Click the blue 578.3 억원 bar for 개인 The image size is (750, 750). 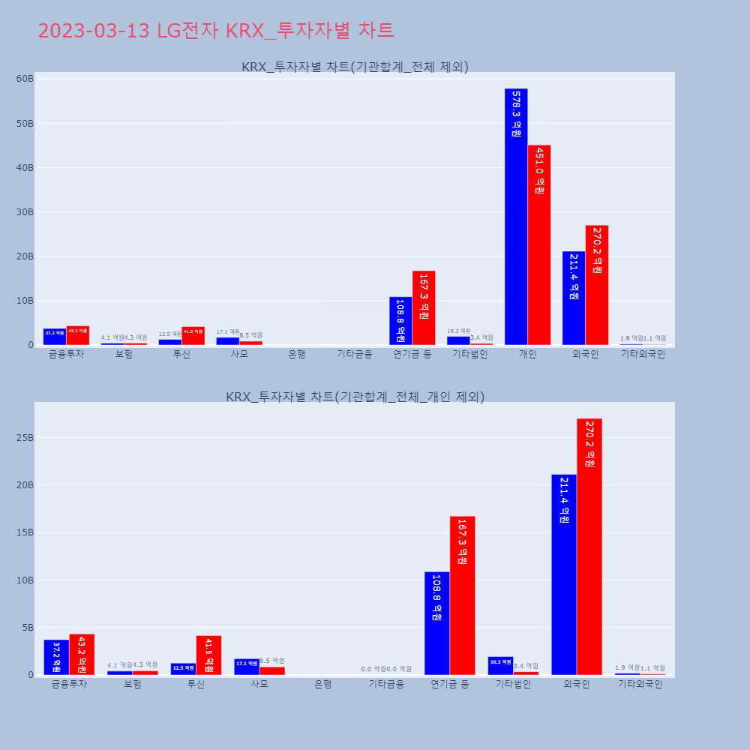[x=516, y=217]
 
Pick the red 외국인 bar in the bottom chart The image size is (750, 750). [x=589, y=547]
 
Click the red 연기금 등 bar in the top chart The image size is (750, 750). [x=424, y=308]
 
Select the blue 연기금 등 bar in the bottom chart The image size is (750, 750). [x=436, y=623]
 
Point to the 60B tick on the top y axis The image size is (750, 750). [x=25, y=79]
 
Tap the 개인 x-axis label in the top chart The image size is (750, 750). [x=527, y=354]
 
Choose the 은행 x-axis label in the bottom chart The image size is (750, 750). [x=322, y=684]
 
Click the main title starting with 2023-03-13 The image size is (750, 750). [x=216, y=31]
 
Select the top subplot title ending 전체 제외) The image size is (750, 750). [x=355, y=67]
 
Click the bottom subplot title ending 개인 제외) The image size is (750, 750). [x=355, y=397]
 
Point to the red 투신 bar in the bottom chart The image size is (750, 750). [x=208, y=655]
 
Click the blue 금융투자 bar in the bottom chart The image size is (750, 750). [x=56, y=657]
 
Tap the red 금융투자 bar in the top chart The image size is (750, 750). [x=78, y=336]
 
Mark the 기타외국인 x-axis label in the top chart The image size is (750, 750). [x=642, y=354]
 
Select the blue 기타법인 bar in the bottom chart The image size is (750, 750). [x=500, y=666]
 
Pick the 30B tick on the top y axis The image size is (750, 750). [x=25, y=212]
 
